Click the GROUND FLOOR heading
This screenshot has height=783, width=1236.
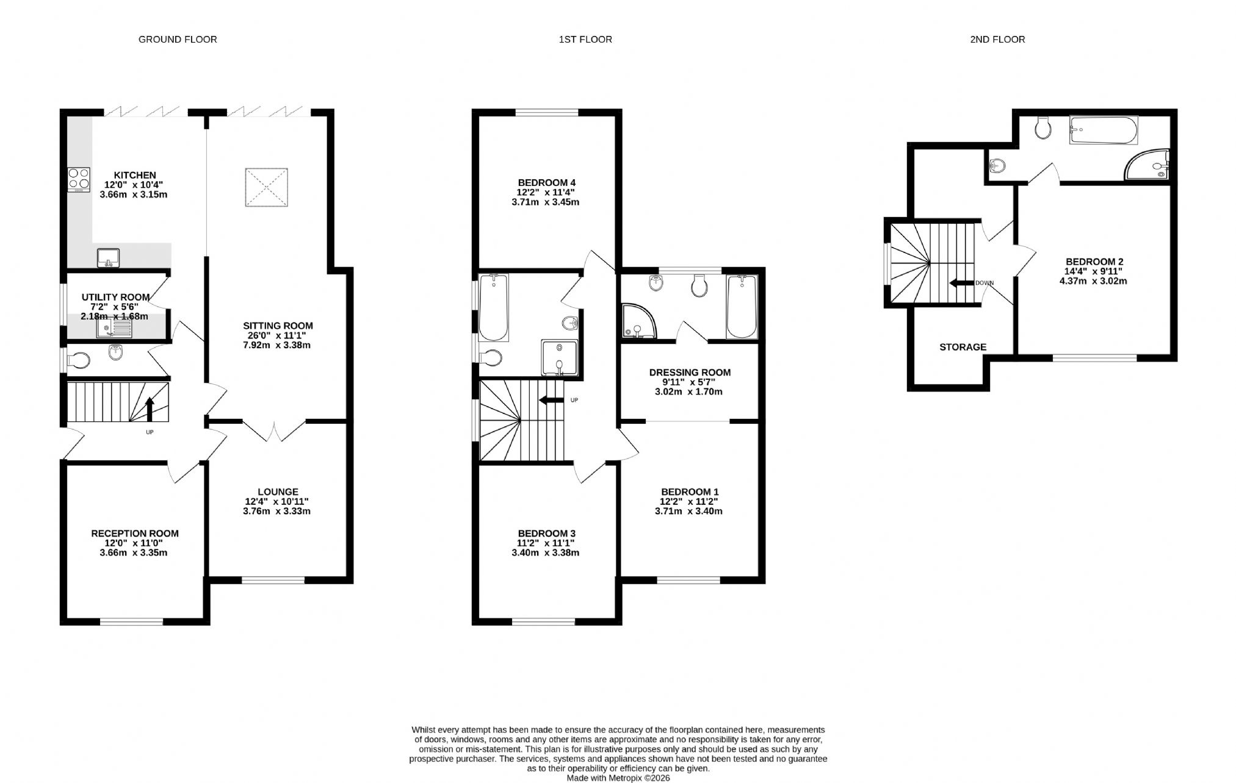pyautogui.click(x=178, y=40)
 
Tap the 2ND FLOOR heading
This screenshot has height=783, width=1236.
pyautogui.click(x=997, y=40)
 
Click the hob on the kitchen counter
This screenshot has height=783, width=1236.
pyautogui.click(x=79, y=180)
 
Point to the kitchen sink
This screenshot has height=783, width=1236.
pyautogui.click(x=108, y=258)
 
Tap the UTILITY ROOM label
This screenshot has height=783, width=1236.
pyautogui.click(x=116, y=298)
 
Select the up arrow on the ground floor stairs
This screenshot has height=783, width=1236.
pyautogui.click(x=150, y=409)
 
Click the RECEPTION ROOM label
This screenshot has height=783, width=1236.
pyautogui.click(x=135, y=534)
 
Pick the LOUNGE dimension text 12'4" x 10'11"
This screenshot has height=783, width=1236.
pyautogui.click(x=277, y=502)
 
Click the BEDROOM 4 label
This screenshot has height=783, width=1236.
pyautogui.click(x=547, y=182)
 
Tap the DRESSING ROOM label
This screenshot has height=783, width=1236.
pyautogui.click(x=690, y=373)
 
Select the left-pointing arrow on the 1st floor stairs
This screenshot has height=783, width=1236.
pyautogui.click(x=551, y=400)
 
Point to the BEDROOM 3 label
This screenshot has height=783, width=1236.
pyautogui.click(x=547, y=534)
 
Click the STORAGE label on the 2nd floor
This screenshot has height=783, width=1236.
pyautogui.click(x=963, y=347)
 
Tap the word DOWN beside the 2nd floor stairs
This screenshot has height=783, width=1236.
pyautogui.click(x=985, y=283)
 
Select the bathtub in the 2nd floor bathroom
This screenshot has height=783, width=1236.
pyautogui.click(x=1104, y=131)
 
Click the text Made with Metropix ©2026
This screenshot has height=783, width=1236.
pyautogui.click(x=618, y=778)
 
